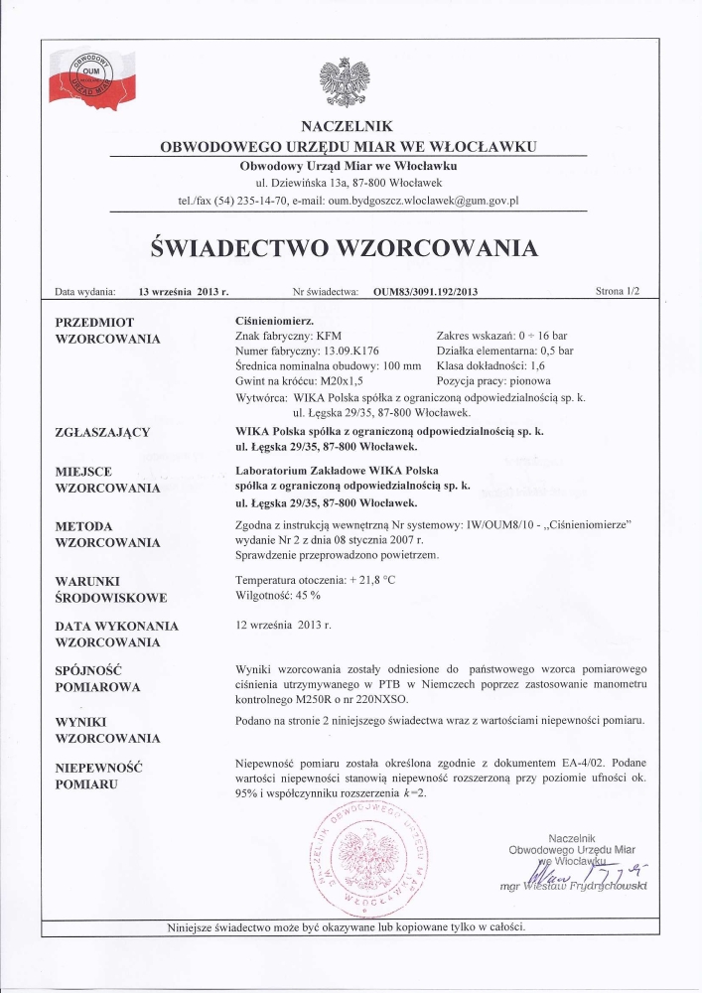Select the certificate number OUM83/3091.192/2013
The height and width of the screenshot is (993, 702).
pos(426,293)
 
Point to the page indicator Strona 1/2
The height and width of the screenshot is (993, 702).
pos(619,293)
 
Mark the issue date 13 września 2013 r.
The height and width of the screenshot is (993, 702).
pos(185,293)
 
